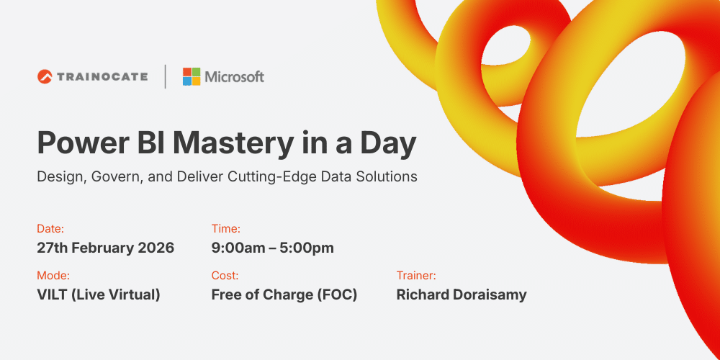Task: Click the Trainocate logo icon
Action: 45,76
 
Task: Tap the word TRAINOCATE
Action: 102,76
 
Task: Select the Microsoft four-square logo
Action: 192,76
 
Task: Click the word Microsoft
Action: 235,76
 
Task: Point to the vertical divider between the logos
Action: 166,76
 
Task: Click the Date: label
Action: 50,229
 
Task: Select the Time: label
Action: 226,229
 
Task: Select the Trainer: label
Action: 416,275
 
